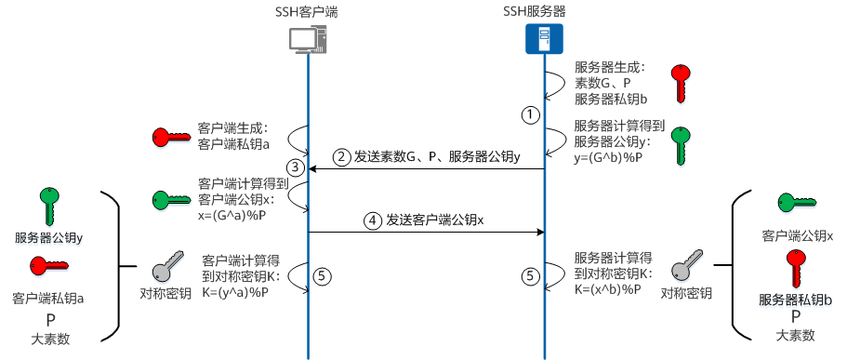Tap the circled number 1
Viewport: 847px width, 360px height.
pyautogui.click(x=530, y=115)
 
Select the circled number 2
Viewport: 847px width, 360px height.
pyautogui.click(x=342, y=156)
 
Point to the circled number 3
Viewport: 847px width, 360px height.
pyautogui.click(x=296, y=168)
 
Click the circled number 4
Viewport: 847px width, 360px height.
pyautogui.click(x=373, y=221)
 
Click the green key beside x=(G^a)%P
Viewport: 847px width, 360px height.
pyautogui.click(x=172, y=198)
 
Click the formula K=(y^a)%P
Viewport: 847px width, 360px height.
pyautogui.click(x=235, y=292)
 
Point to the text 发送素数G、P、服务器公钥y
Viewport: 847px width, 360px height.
pyautogui.click(x=437, y=156)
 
